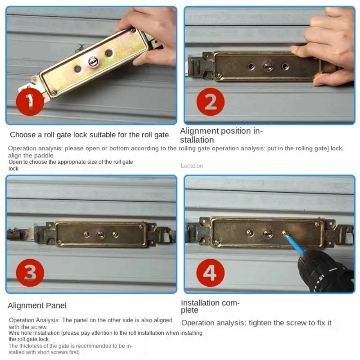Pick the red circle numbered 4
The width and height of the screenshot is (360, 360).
tap(210, 272)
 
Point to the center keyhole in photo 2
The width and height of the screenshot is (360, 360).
tap(268, 67)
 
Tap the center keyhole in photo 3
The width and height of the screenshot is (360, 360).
tap(101, 234)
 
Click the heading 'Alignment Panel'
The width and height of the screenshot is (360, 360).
tap(37, 306)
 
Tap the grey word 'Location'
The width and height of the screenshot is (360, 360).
tap(192, 166)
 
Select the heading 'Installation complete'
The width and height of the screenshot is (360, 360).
tap(210, 306)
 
